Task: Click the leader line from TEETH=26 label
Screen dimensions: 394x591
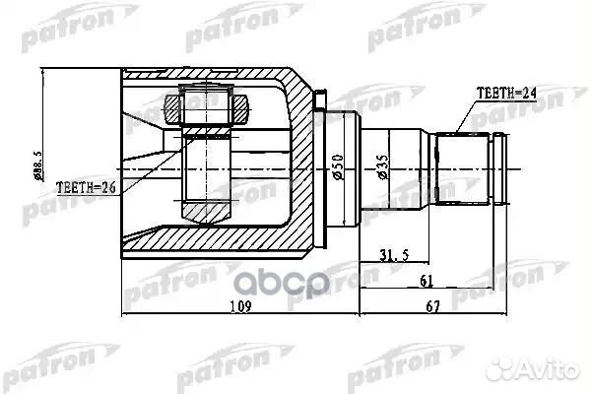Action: [148, 177]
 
